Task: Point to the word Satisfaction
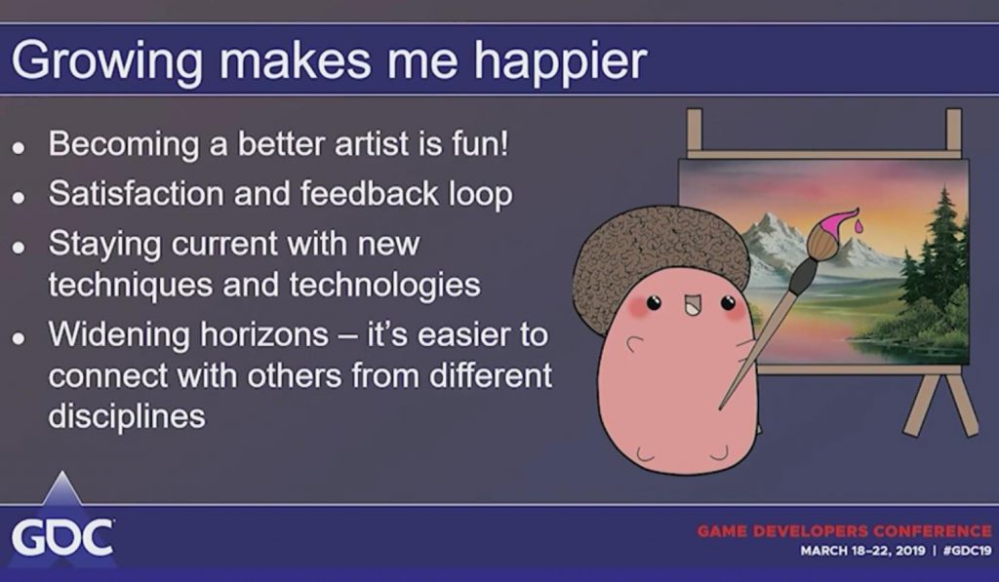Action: [x=136, y=193]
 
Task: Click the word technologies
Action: [x=384, y=285]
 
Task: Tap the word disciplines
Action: [x=127, y=416]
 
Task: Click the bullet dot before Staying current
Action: [x=19, y=247]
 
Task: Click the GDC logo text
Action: [x=62, y=538]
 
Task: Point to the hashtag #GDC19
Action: [x=967, y=550]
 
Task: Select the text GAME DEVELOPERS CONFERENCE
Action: [x=844, y=530]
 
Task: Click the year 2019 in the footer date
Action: [x=910, y=550]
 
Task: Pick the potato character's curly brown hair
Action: [x=660, y=262]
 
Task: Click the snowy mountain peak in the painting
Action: [x=774, y=228]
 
